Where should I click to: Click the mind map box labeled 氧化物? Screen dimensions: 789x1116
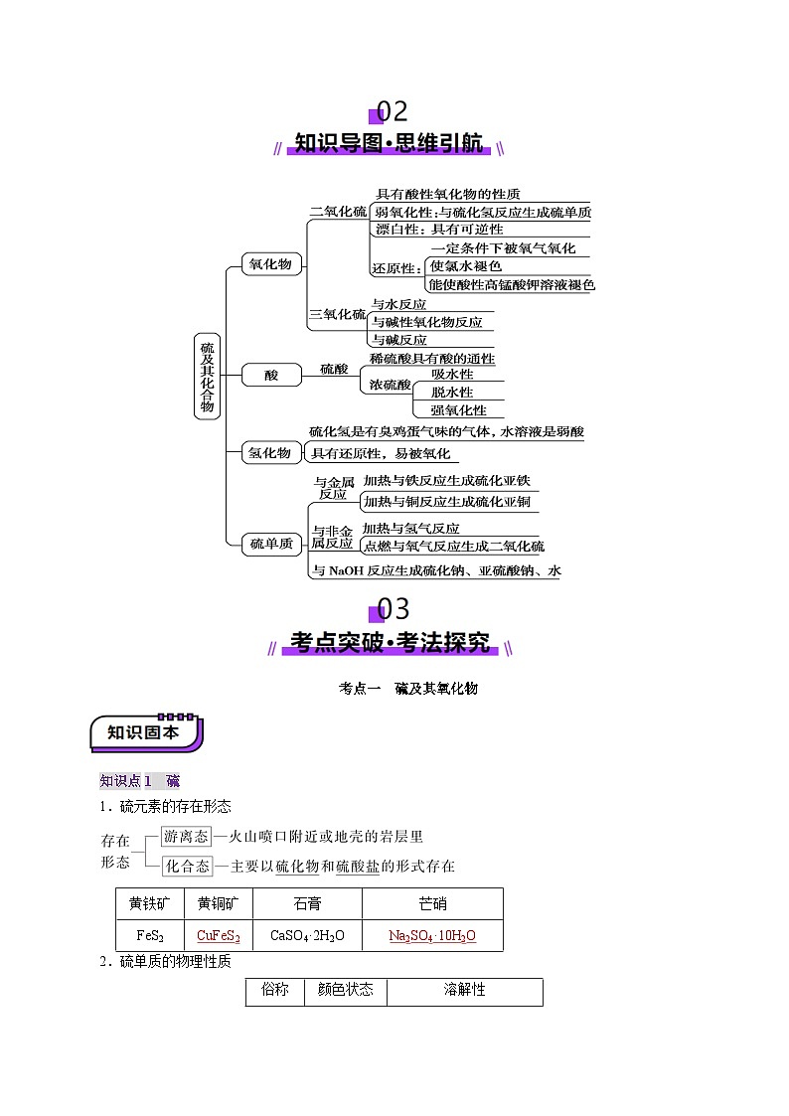[271, 264]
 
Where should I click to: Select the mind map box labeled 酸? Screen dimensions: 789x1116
[271, 375]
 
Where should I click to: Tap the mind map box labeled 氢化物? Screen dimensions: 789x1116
[270, 453]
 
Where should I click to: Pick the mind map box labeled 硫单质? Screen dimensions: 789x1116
[271, 544]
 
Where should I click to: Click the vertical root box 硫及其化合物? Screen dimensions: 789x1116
[207, 377]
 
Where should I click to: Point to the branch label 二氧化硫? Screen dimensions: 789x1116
[338, 212]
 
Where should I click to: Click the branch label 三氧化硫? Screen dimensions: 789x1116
[337, 315]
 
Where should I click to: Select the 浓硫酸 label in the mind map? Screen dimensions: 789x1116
[390, 385]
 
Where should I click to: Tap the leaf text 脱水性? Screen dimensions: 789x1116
[452, 393]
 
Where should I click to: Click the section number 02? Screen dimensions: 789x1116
[392, 111]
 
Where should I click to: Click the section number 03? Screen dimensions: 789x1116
[393, 609]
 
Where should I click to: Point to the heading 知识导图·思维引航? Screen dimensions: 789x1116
[389, 143]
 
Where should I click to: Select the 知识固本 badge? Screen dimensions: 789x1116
[146, 733]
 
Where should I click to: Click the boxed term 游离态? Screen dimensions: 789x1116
[187, 837]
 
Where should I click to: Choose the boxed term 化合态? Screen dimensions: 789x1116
[188, 867]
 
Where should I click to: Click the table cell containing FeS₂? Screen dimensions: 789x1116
[150, 936]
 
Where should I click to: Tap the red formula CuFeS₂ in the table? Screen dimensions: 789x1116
[219, 936]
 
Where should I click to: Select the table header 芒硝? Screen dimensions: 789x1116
[432, 904]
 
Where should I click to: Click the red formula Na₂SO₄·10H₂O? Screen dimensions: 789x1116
[432, 936]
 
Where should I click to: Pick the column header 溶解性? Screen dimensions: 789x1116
[465, 990]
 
